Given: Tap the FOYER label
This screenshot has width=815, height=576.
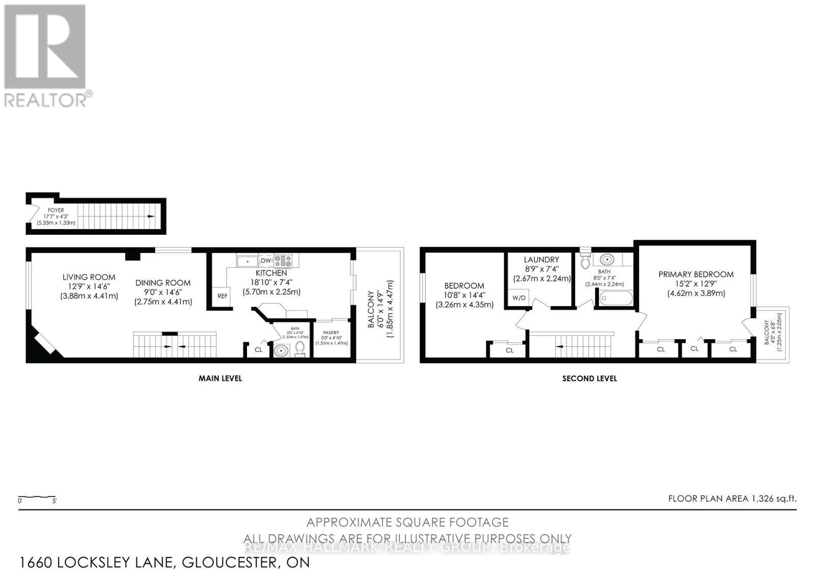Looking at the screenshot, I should (x=56, y=210).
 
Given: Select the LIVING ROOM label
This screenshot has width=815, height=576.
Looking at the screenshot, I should (x=89, y=277).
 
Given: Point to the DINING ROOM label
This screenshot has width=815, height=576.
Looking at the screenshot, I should (x=163, y=283).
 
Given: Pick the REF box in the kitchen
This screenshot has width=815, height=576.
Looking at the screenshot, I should (x=223, y=296).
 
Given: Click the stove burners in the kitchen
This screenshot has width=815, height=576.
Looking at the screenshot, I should (x=283, y=261).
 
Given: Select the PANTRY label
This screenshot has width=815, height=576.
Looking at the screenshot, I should (x=331, y=333).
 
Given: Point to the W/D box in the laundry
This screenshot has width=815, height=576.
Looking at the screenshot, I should (x=519, y=298).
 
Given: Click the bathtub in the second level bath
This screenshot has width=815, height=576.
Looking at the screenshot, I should (x=616, y=298).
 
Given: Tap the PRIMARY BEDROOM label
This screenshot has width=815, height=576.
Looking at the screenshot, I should (x=696, y=275).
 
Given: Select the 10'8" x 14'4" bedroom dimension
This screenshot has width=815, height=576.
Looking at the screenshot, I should (x=464, y=295).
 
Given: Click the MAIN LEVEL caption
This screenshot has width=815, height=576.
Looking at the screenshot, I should (x=220, y=378).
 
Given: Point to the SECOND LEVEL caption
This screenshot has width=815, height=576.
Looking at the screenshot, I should (x=589, y=378).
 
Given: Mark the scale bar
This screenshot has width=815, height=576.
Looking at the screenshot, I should (x=37, y=497).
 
